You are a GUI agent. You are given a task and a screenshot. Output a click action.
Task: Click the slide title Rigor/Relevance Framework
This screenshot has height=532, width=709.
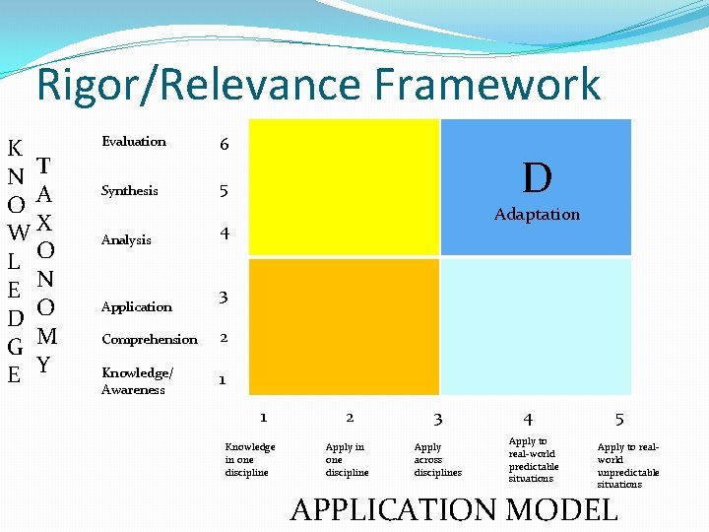point(318,85)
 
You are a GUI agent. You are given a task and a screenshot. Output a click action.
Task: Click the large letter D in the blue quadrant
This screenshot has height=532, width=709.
point(537,178)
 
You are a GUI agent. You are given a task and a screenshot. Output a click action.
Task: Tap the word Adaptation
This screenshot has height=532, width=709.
point(537,214)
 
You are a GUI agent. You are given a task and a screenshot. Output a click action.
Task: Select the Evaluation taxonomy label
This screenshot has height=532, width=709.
point(134,142)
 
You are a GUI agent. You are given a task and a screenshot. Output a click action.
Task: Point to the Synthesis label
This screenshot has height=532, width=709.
point(129,191)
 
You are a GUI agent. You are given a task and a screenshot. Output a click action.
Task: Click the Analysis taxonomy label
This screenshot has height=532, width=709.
point(126,240)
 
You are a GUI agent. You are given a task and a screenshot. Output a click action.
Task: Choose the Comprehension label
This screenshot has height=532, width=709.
point(150,340)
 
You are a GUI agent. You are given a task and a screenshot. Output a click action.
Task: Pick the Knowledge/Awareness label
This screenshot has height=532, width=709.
point(136,380)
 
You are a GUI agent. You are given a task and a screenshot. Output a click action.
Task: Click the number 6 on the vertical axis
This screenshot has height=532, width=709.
point(225,145)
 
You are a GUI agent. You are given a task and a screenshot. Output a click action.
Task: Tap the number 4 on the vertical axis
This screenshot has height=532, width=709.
point(225,234)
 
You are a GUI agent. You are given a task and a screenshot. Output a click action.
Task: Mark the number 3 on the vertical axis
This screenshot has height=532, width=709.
point(225,297)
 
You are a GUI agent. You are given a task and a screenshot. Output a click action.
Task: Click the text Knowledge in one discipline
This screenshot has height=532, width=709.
point(250,459)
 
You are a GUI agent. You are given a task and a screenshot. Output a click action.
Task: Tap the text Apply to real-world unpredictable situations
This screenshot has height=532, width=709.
point(627,465)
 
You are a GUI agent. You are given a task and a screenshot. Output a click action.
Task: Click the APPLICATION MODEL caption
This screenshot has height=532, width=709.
point(454,509)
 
